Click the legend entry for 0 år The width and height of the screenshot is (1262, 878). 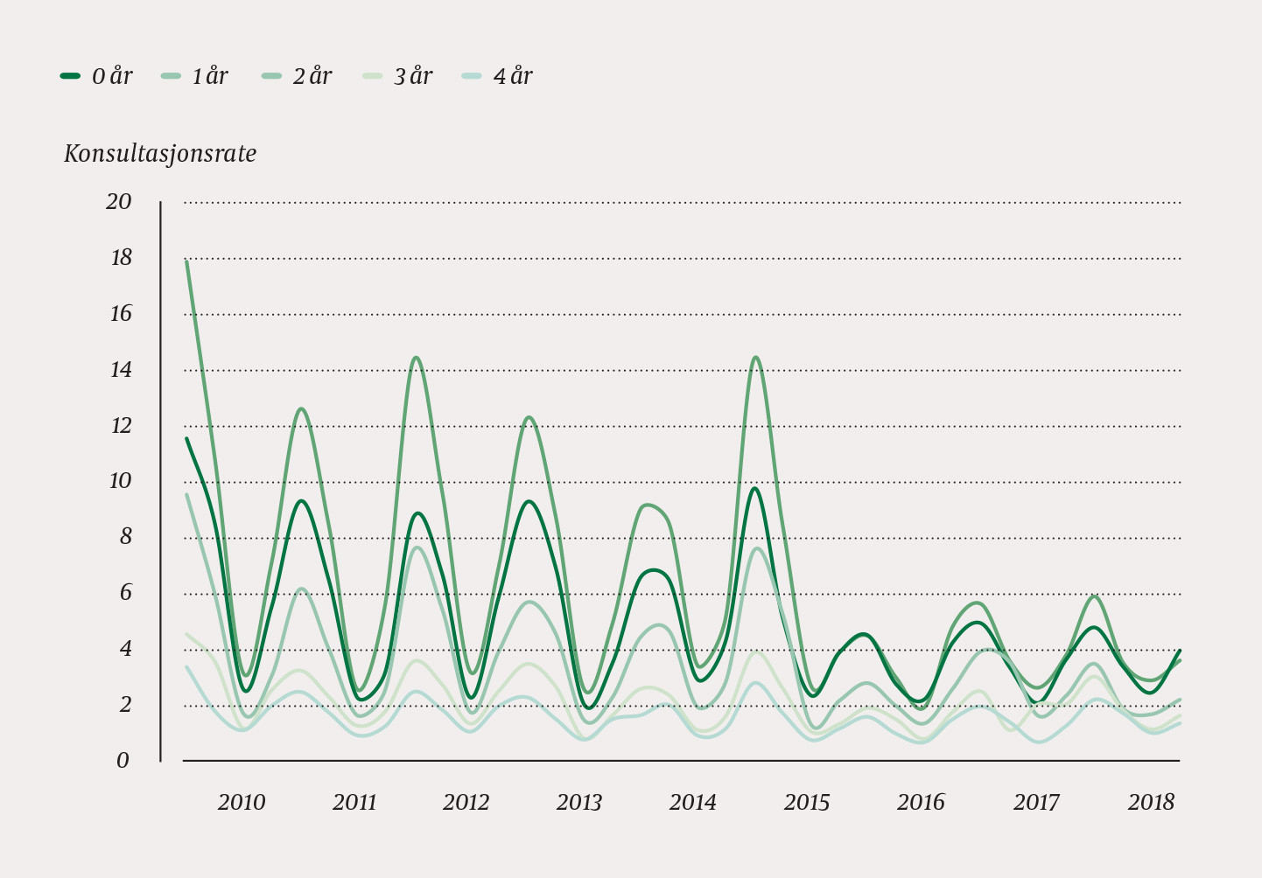point(96,77)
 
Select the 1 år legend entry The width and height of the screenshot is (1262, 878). point(194,77)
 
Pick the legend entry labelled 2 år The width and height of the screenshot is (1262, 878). point(297,77)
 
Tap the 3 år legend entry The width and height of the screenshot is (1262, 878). point(397,77)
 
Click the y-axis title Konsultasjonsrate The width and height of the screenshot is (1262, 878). point(160,155)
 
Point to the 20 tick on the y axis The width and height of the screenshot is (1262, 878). point(118,202)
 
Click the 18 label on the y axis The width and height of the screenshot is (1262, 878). point(120,258)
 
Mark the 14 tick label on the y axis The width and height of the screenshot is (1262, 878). point(120,370)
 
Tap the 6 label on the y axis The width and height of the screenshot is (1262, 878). point(125,593)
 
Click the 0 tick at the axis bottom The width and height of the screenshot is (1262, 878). point(123,761)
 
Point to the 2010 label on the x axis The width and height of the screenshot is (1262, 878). point(241,803)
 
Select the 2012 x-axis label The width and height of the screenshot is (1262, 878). point(466,803)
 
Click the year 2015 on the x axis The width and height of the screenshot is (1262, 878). point(806,803)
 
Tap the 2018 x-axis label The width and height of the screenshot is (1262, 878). point(1151,803)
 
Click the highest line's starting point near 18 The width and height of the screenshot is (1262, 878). point(187,261)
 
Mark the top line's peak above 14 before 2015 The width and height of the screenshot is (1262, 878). point(755,357)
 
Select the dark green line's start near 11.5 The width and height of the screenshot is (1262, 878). point(186,438)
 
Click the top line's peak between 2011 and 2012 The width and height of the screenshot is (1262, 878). point(416,357)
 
